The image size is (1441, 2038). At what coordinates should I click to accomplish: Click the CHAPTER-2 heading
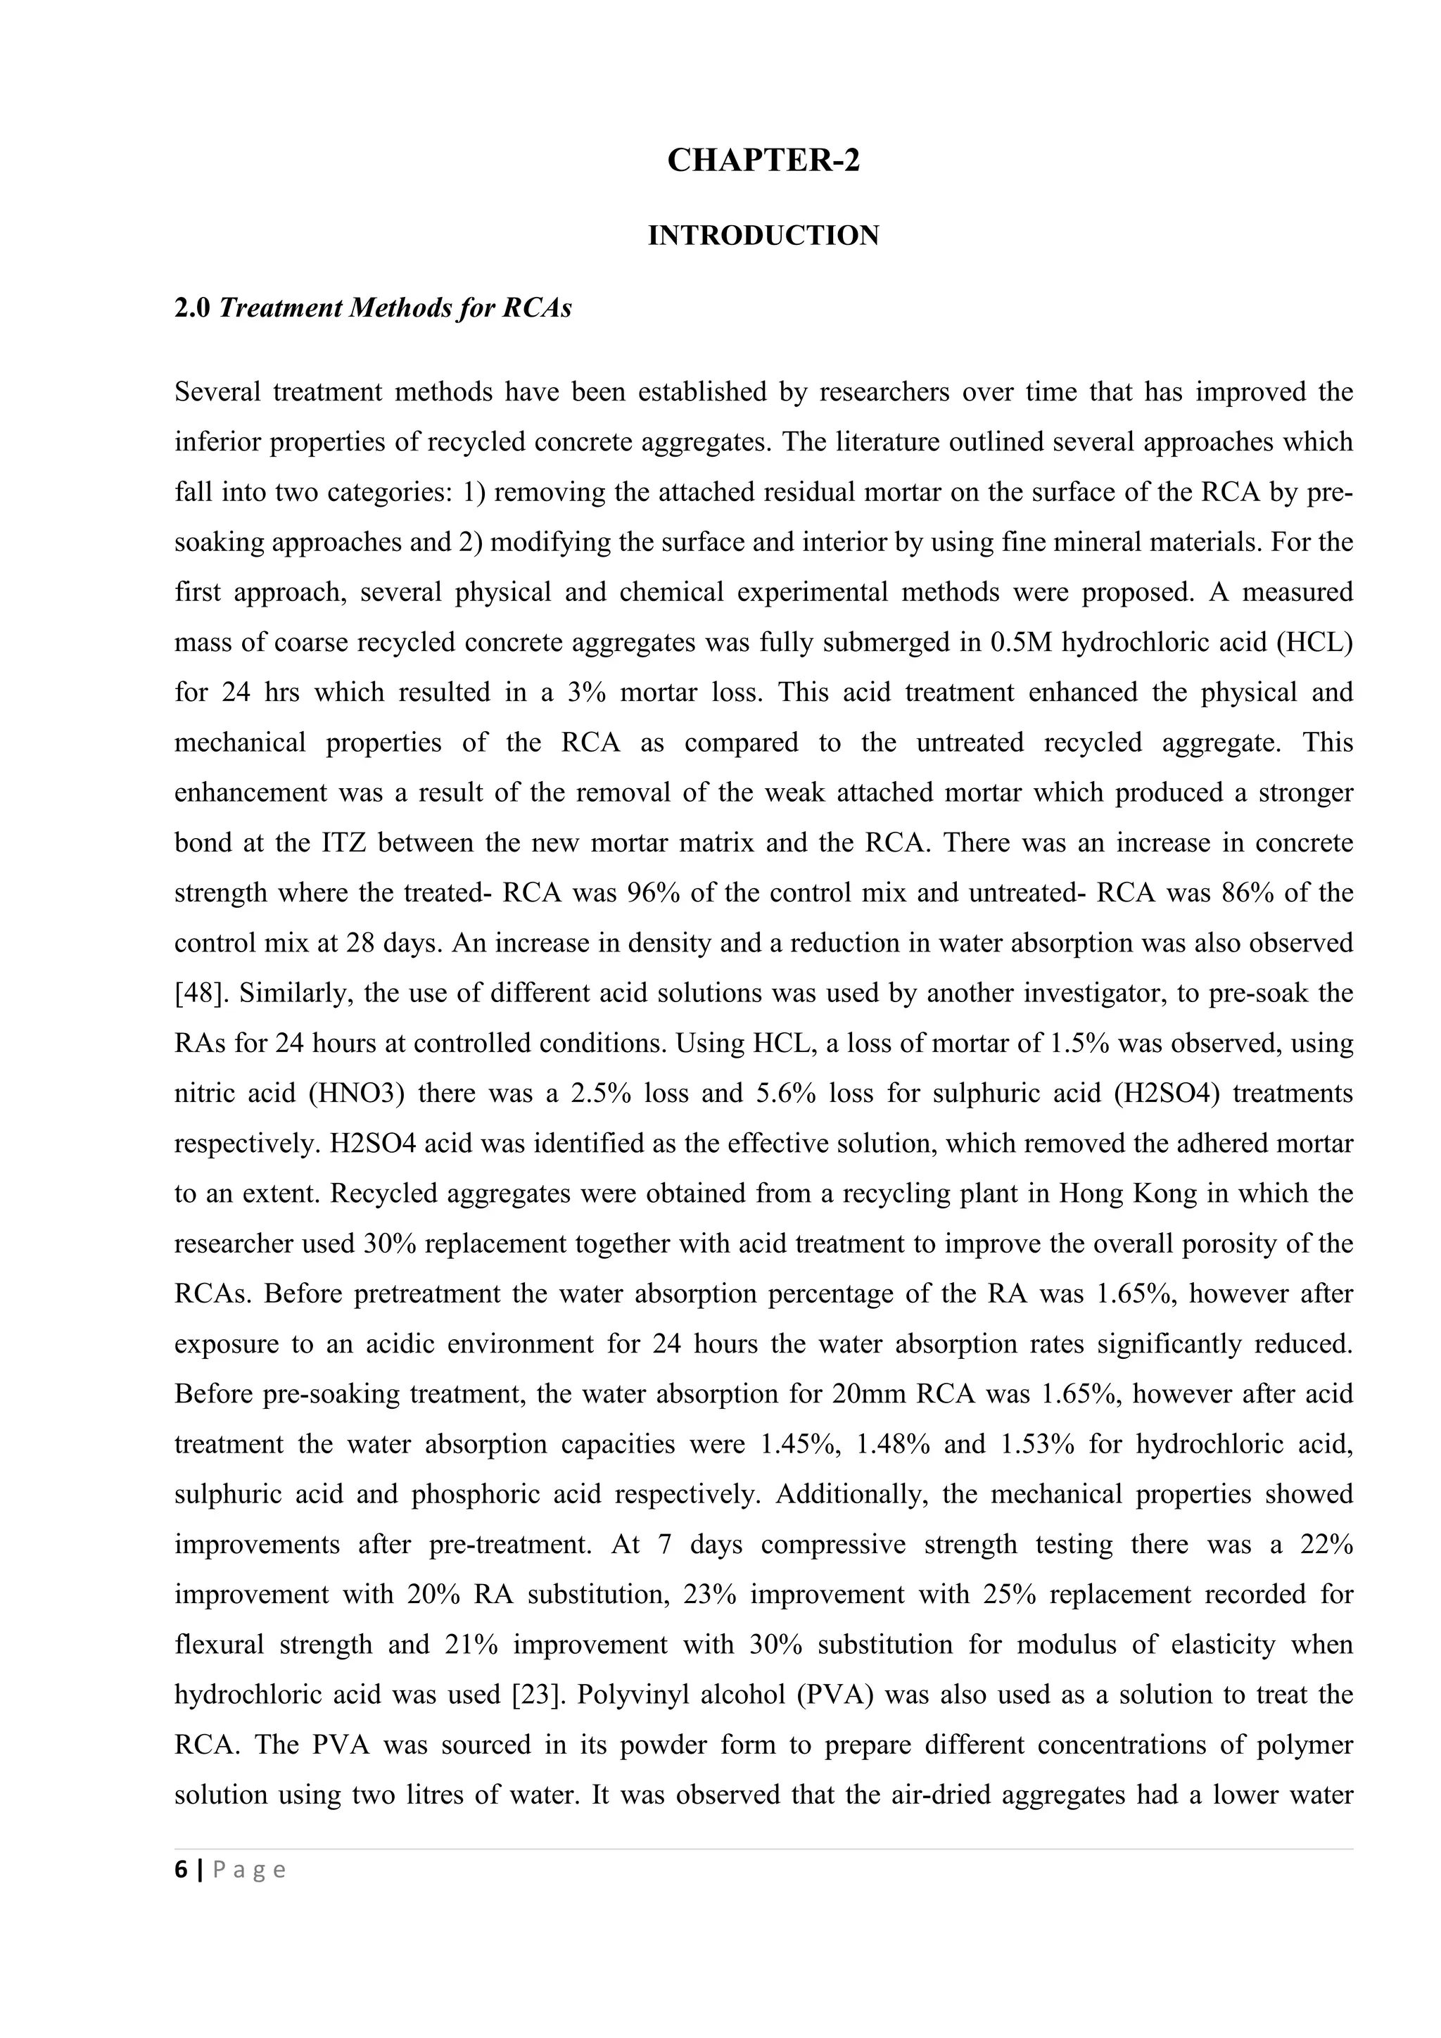tap(763, 160)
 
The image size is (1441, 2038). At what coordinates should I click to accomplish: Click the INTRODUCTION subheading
tap(763, 235)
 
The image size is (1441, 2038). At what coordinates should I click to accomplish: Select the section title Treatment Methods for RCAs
tap(395, 308)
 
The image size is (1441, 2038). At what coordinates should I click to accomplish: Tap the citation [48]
tap(198, 992)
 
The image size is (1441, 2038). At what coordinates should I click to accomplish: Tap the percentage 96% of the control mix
tap(654, 892)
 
